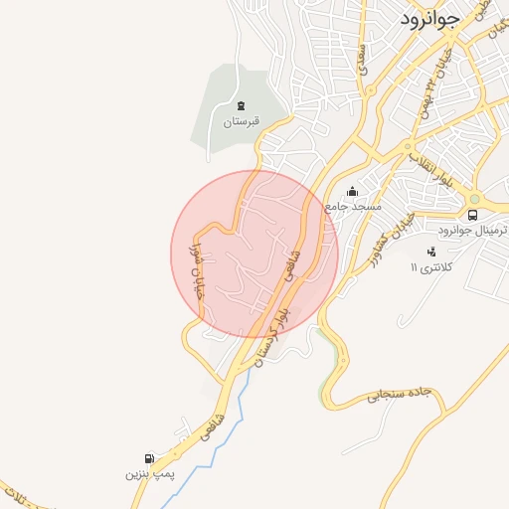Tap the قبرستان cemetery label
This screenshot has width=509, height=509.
[240, 122]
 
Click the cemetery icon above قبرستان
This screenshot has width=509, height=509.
[241, 105]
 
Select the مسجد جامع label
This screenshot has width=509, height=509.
[350, 207]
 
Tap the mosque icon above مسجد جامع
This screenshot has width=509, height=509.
[351, 191]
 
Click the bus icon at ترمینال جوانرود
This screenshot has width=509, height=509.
[472, 214]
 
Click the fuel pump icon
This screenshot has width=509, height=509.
[149, 458]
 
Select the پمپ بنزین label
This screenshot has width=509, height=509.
[149, 474]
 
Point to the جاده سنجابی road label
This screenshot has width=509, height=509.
[404, 394]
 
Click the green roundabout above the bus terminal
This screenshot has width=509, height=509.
[474, 197]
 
